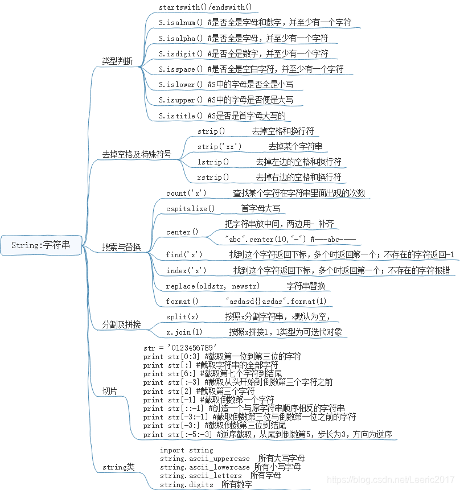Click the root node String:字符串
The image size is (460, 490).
click(x=41, y=245)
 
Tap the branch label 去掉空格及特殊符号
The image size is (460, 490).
click(x=137, y=154)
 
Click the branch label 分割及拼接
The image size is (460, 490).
click(x=121, y=324)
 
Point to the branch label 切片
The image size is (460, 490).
click(x=109, y=391)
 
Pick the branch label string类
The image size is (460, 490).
click(x=118, y=467)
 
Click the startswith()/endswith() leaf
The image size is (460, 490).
click(x=205, y=7)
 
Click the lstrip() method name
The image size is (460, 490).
click(x=213, y=162)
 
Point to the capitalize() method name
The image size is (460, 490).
click(x=190, y=209)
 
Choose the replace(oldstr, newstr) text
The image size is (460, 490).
click(x=212, y=286)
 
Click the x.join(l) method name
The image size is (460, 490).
click(x=184, y=332)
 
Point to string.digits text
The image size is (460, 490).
click(x=187, y=484)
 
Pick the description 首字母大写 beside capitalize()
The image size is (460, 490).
click(x=261, y=209)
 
